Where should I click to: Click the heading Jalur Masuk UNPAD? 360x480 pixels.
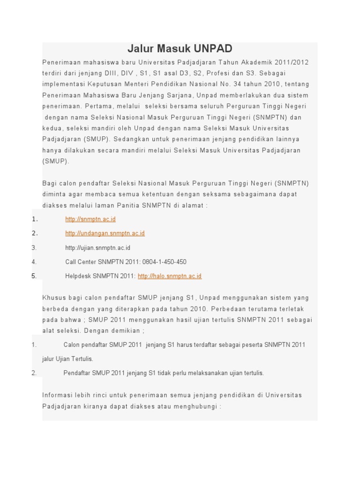(x=180, y=49)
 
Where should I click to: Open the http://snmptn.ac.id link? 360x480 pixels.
(x=90, y=219)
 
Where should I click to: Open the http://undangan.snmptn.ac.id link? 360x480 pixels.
(x=105, y=233)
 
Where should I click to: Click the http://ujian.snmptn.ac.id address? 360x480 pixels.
(x=97, y=247)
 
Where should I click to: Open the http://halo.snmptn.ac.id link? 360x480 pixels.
(x=170, y=276)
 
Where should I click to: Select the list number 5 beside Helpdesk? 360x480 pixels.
(x=34, y=276)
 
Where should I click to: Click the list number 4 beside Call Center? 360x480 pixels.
(x=34, y=262)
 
